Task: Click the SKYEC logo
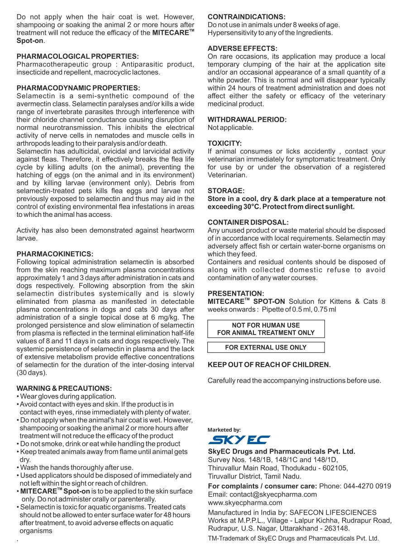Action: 239,440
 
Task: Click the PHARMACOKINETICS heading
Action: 55,254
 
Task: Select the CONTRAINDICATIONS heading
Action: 246,17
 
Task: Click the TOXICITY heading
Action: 224,143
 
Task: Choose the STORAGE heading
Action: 226,191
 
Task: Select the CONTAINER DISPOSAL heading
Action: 248,222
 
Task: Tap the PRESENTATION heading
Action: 235,293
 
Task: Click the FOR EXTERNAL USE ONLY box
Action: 266,348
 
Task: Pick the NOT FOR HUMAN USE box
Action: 266,329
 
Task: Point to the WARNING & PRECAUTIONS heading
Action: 64,388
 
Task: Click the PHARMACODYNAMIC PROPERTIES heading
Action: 78,88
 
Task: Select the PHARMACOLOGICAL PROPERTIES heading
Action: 77,56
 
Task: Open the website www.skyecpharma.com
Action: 245,503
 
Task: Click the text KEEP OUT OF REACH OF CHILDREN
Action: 269,364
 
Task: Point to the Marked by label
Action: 224,430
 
